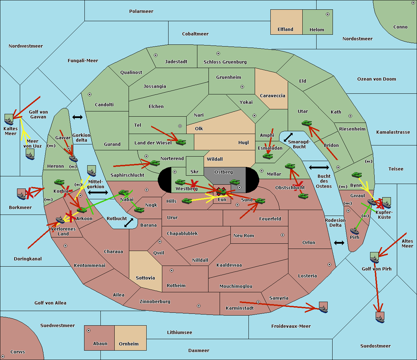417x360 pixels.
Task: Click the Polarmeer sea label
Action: pos(141,11)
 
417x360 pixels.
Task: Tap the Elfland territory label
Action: pos(285,30)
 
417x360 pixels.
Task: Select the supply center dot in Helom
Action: pos(328,14)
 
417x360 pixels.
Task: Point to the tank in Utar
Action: pos(306,123)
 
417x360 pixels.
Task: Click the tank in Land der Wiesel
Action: pos(181,142)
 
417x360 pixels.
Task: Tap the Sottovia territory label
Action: pos(145,278)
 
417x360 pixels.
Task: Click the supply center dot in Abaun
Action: pos(89,330)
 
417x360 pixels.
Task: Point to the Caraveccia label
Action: pos(272,95)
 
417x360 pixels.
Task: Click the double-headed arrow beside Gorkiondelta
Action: pos(77,117)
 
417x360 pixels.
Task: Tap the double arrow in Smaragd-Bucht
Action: pos(288,137)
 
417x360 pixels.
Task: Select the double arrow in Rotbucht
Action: pos(129,223)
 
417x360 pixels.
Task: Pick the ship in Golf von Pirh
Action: pos(375,258)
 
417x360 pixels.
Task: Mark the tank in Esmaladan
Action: pos(268,156)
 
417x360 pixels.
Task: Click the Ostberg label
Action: pos(223,172)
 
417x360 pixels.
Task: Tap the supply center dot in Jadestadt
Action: pos(156,55)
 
